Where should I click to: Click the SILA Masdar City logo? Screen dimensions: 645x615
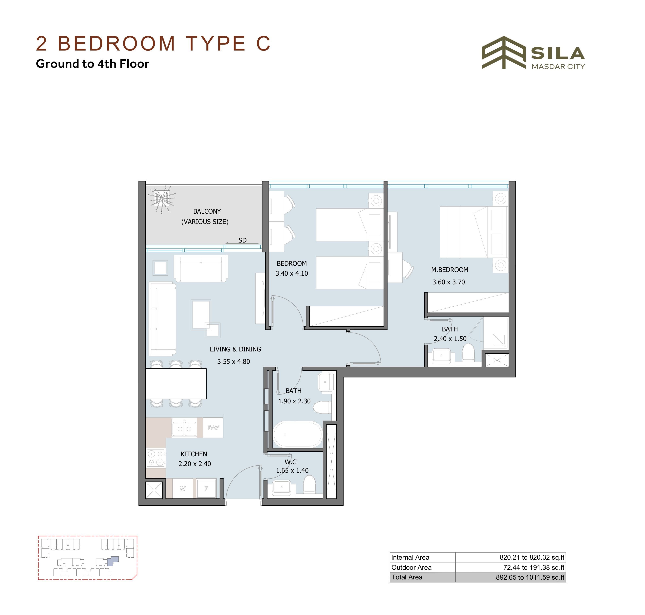[533, 53]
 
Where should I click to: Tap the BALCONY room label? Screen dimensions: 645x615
[207, 211]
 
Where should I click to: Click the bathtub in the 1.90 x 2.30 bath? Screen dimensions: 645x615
[298, 434]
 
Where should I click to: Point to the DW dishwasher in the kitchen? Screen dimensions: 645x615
[213, 427]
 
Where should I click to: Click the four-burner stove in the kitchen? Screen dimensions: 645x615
[156, 458]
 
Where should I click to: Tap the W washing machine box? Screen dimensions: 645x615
[183, 488]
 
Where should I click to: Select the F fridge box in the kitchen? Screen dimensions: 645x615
[206, 488]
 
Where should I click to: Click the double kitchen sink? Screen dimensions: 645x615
[184, 428]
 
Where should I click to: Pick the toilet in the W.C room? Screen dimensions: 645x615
[309, 484]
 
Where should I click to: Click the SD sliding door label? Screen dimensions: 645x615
[242, 240]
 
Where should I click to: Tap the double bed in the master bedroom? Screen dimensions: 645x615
[474, 232]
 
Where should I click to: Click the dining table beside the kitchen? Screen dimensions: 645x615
[176, 384]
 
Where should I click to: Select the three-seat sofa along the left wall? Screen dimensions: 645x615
[163, 319]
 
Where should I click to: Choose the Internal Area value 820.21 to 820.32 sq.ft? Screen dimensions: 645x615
[532, 557]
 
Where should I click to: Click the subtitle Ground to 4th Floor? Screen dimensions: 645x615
[92, 64]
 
